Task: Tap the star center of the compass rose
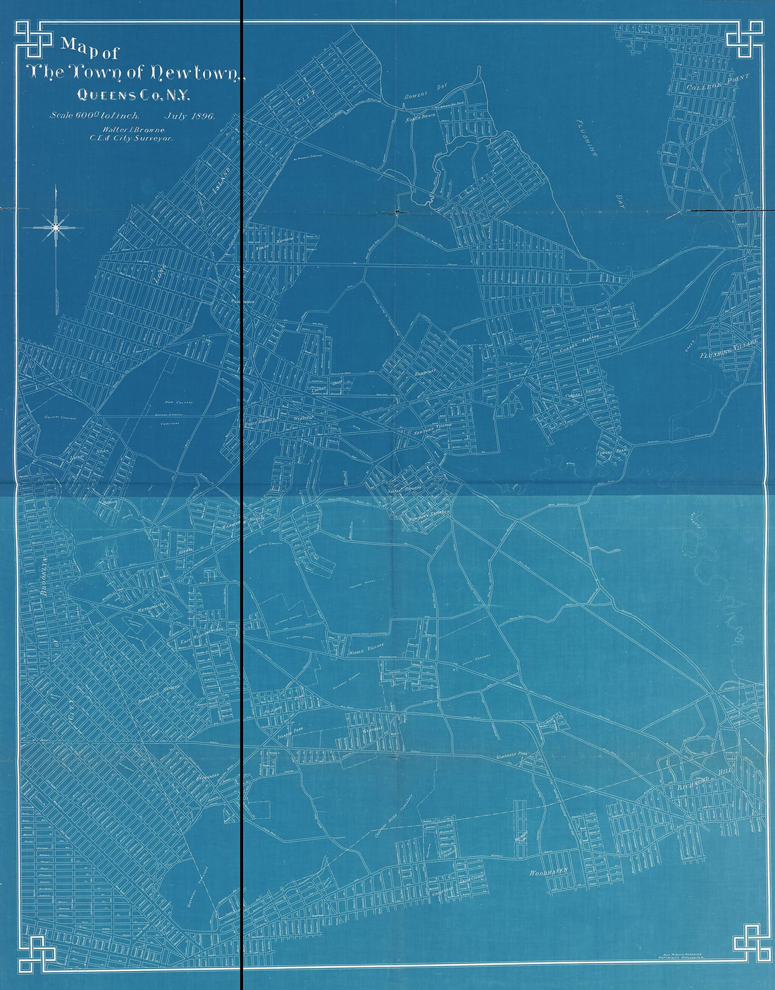coord(54,226)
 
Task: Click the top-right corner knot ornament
coord(746,39)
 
